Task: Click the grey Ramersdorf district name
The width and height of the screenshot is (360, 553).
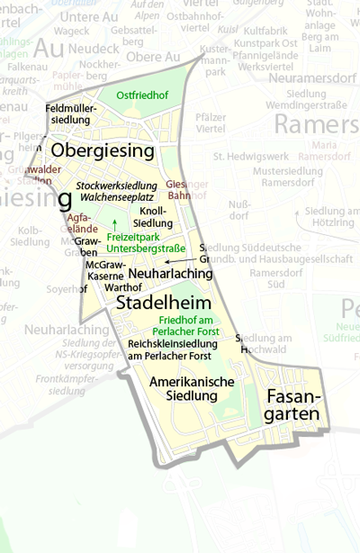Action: pyautogui.click(x=317, y=123)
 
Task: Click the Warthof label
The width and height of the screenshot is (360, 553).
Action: pyautogui.click(x=123, y=287)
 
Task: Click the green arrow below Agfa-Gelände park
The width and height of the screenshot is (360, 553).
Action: pyautogui.click(x=114, y=222)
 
